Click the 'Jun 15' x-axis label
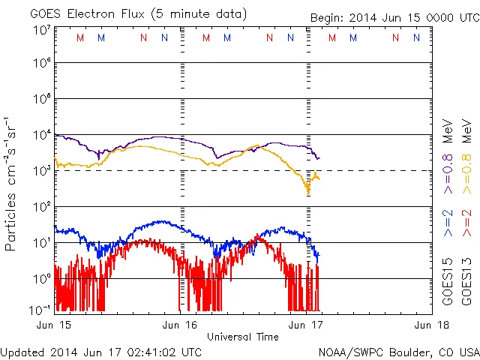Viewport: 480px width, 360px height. point(52,325)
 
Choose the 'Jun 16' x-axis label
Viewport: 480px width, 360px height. point(180,325)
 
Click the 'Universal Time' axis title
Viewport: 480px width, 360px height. point(243,337)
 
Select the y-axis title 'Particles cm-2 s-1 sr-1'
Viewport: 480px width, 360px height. point(12,184)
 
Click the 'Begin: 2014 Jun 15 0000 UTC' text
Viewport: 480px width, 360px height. point(393,17)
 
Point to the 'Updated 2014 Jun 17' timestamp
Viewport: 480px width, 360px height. point(100,351)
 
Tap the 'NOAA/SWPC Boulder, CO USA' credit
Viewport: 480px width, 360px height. point(397,351)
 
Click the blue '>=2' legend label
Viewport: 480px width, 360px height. point(448,226)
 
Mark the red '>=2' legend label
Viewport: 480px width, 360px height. point(466,226)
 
